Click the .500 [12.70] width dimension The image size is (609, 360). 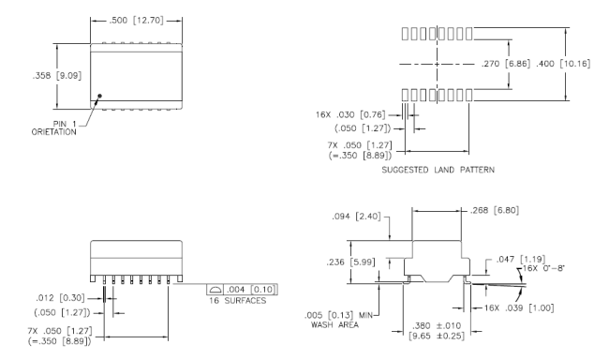(x=136, y=21)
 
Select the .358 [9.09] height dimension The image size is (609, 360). (x=57, y=75)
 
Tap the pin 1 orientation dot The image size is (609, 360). (x=100, y=96)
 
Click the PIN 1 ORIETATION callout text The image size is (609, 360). (x=54, y=127)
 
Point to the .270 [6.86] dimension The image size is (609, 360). (x=506, y=64)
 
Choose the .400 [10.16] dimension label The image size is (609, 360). (x=563, y=64)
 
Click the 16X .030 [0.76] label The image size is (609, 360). (x=350, y=114)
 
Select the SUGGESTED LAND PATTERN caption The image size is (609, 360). (x=438, y=170)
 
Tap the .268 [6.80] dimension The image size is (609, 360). (x=495, y=210)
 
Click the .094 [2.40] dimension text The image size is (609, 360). (x=356, y=217)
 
